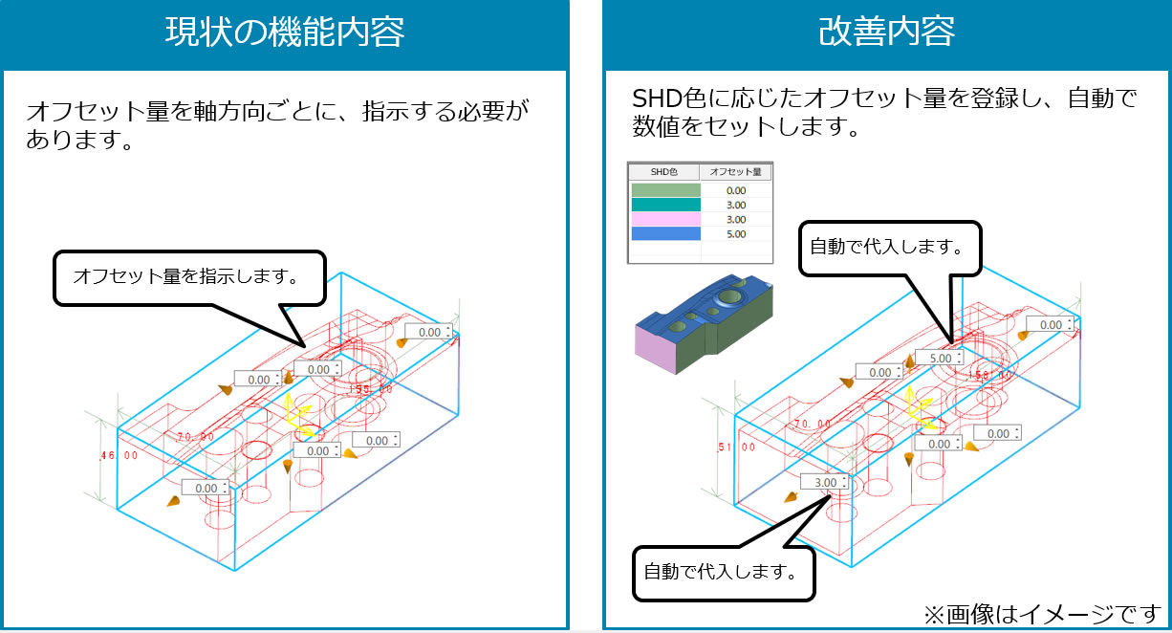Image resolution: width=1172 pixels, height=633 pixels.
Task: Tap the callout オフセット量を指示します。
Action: coord(187,277)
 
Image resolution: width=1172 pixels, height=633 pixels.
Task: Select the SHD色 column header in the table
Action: coord(663,172)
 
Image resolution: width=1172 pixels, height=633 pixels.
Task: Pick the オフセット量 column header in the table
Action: coord(736,172)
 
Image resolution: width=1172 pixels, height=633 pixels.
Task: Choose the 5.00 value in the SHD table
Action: coord(736,234)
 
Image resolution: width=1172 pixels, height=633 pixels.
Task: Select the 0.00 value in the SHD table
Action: coord(736,190)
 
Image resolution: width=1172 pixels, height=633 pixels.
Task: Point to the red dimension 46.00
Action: coord(119,456)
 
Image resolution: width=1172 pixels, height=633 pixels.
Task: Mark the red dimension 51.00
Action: coord(736,447)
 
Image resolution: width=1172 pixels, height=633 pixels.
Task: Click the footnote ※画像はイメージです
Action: coord(1040,612)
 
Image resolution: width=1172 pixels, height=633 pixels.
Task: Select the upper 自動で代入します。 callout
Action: coord(885,247)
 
